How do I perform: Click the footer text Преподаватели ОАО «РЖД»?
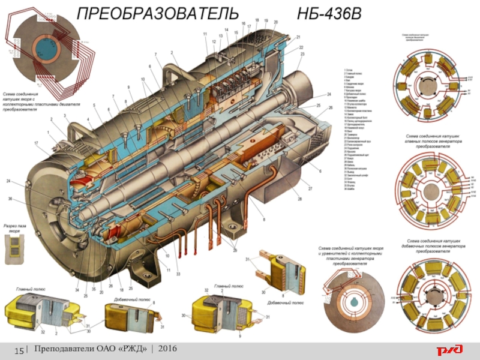coord(94,349)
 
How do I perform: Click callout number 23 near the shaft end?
coord(302,55)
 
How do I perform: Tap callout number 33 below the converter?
coord(178,274)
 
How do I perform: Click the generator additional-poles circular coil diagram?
coord(431,294)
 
